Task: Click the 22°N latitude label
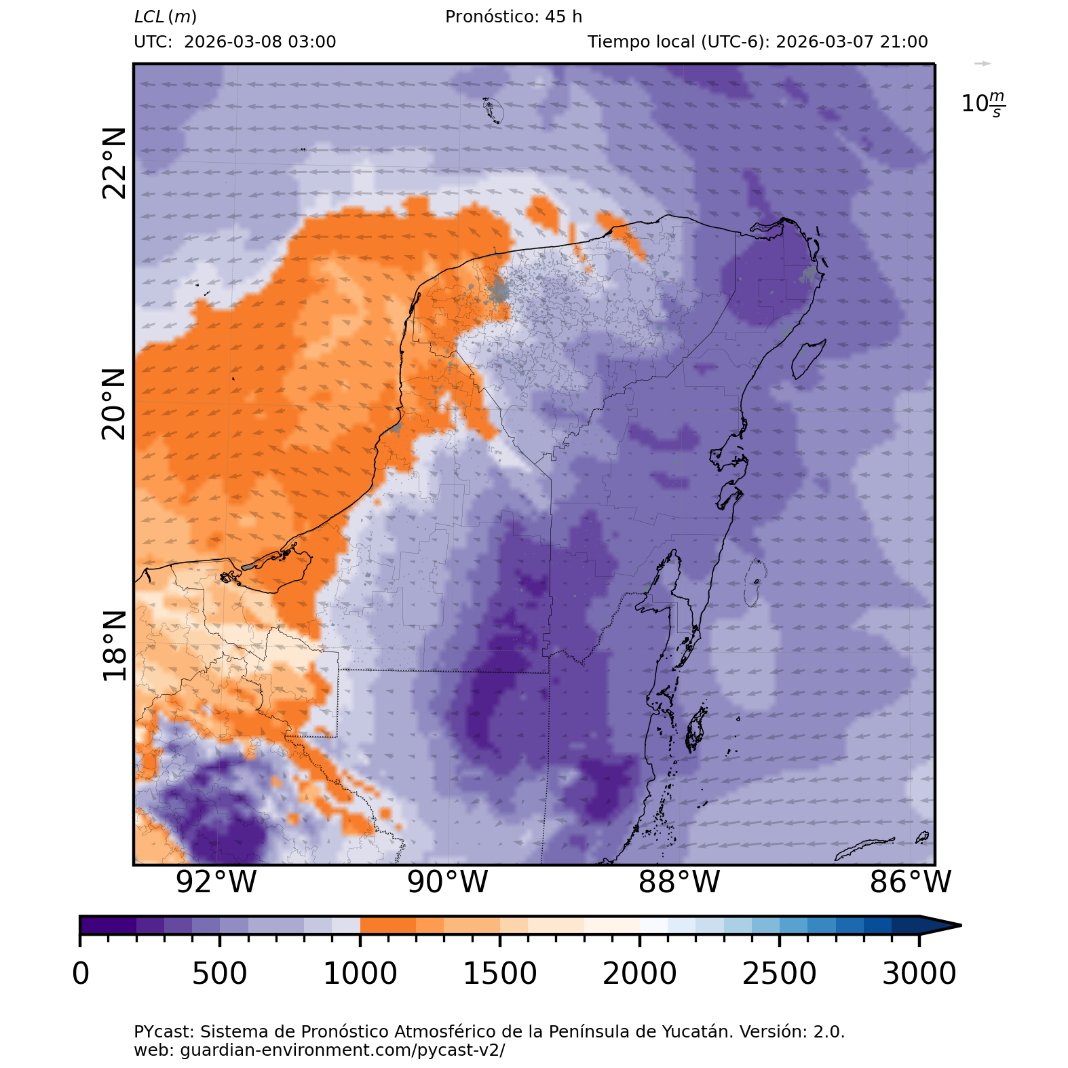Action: tap(114, 163)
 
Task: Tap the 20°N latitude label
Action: tap(114, 404)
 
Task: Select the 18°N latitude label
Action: tap(114, 645)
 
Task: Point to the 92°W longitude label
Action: tap(216, 882)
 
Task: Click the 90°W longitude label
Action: tap(448, 882)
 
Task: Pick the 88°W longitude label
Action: tap(679, 882)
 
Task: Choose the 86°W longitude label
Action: tap(911, 882)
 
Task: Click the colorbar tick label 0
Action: tap(81, 974)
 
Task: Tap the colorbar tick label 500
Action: tap(219, 974)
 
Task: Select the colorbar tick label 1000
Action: tap(360, 974)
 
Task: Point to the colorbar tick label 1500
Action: tap(499, 974)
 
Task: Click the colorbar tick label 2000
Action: tap(639, 974)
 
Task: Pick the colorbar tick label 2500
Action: tap(779, 974)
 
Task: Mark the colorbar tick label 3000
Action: tap(919, 974)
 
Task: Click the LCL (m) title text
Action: tap(166, 17)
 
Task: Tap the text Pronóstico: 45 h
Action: tap(514, 17)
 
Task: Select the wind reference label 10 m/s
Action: tap(983, 104)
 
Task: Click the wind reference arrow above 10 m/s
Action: tap(983, 64)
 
